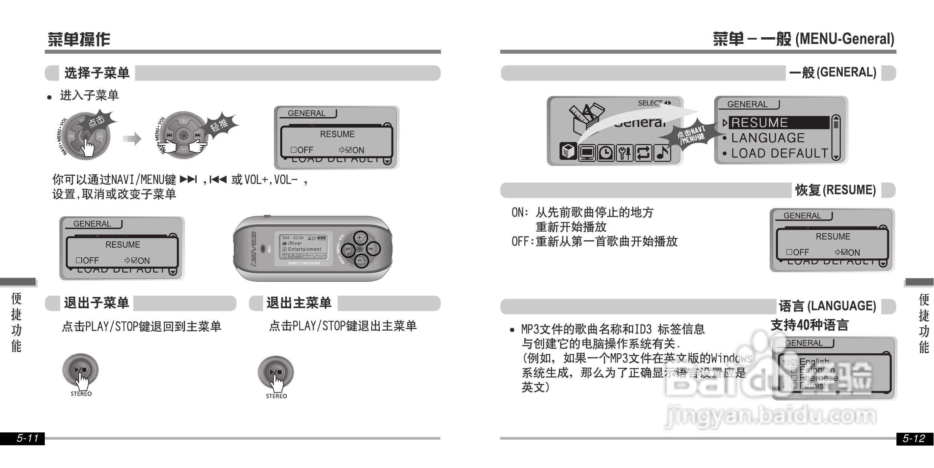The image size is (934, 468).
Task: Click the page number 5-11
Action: click(x=28, y=438)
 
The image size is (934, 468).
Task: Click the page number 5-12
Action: click(x=913, y=438)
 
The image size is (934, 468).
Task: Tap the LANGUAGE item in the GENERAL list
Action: click(x=768, y=138)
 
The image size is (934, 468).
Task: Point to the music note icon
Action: click(x=662, y=153)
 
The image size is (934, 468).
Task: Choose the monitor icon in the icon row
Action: click(x=587, y=153)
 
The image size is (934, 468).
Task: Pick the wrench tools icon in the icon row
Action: click(x=624, y=153)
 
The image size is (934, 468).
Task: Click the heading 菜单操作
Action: click(x=79, y=39)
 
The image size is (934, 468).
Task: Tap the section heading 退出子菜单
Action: click(x=96, y=303)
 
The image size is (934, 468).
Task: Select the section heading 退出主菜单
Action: click(x=299, y=303)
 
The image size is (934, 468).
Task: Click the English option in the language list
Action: click(x=814, y=362)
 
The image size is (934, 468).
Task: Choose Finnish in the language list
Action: click(x=813, y=385)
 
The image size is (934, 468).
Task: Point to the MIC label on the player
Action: click(x=269, y=249)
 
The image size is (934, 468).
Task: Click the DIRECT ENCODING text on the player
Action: click(x=304, y=263)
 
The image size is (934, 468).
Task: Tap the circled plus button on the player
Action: click(x=360, y=238)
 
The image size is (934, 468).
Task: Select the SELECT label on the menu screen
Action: click(x=650, y=103)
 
